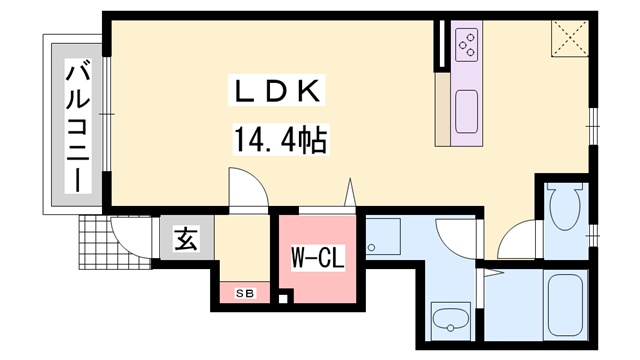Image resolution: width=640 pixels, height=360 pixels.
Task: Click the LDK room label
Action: pos(276,90)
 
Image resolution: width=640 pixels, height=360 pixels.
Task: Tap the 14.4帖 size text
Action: pos(281,140)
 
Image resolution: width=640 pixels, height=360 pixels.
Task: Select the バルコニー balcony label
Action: pos(78,126)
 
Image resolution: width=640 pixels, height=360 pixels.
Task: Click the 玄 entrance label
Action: pos(187,239)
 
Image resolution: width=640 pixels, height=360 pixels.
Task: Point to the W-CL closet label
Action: pos(318,257)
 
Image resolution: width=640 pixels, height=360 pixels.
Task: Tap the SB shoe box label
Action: pos(245,293)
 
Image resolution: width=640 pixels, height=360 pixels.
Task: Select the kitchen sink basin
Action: pos(467,111)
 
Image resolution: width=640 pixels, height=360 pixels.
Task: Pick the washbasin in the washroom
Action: pos(451,321)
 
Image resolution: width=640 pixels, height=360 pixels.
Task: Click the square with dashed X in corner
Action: pos(570,38)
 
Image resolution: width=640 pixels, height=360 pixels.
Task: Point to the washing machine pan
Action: pos(383,237)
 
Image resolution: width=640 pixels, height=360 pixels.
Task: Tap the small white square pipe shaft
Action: pos(283,298)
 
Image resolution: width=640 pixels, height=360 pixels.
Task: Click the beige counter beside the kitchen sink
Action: pos(442,109)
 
